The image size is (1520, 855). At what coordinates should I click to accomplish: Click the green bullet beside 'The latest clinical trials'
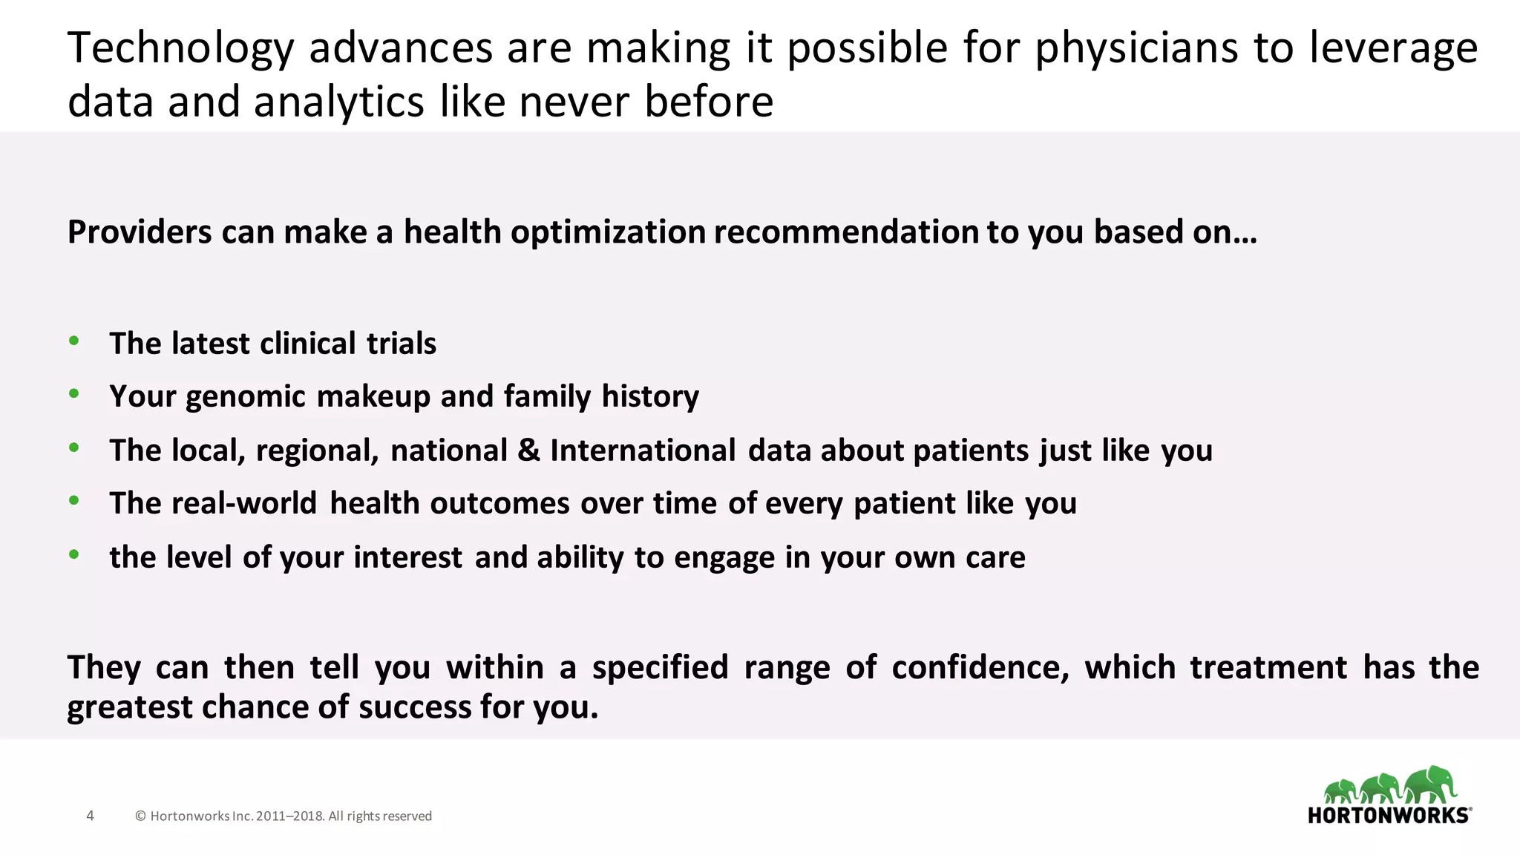(73, 341)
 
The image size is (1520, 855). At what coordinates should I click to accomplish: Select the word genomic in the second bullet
(245, 397)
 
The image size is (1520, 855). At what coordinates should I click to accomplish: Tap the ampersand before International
(528, 451)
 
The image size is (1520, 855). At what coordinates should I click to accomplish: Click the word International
(643, 451)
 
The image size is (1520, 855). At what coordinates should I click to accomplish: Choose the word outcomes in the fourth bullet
(499, 503)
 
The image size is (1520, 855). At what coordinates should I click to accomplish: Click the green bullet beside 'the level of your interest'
(73, 554)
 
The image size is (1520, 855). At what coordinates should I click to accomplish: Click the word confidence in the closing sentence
(980, 667)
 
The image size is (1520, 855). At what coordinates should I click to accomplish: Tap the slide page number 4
(91, 816)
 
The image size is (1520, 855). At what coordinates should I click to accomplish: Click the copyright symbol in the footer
(140, 816)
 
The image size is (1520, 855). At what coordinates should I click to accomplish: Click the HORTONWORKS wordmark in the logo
(1389, 815)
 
